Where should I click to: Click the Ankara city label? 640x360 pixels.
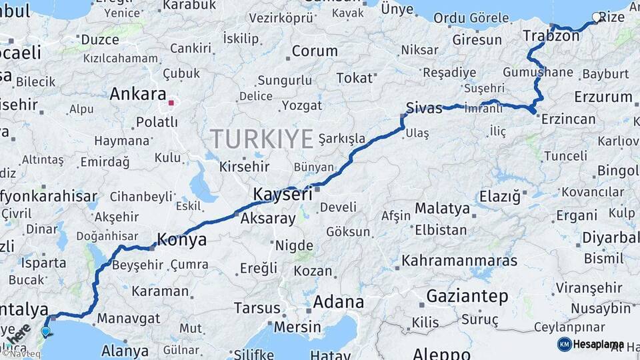click(137, 94)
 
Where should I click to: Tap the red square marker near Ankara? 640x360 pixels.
click(171, 103)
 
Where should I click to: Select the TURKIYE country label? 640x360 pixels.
click(262, 139)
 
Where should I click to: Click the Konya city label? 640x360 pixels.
click(181, 240)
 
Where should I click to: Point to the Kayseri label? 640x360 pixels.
click(283, 195)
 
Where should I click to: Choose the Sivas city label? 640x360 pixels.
click(424, 108)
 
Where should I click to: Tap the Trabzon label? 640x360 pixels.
click(551, 36)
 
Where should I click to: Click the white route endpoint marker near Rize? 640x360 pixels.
click(596, 18)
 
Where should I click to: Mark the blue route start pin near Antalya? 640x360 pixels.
click(45, 331)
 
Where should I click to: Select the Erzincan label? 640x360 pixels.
click(568, 119)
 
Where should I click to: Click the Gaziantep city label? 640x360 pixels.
click(467, 295)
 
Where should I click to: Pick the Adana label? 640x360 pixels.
click(339, 302)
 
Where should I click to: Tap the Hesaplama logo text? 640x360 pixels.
click(599, 344)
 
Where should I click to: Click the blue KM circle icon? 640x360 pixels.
click(564, 344)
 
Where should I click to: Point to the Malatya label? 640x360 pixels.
click(442, 209)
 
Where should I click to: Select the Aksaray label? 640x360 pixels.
click(267, 218)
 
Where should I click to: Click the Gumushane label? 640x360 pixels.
click(538, 72)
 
